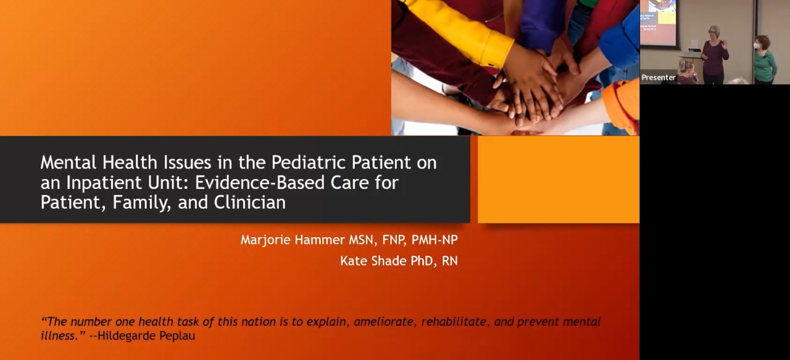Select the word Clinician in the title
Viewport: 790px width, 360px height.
click(250, 203)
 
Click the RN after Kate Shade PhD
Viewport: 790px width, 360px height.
click(450, 261)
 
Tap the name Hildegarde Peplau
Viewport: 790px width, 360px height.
click(146, 335)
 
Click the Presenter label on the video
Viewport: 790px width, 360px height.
click(659, 78)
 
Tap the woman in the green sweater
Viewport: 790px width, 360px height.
click(764, 60)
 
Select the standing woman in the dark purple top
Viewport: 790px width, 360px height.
click(714, 55)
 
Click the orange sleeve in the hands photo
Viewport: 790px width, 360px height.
click(622, 105)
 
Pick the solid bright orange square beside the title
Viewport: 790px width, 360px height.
click(559, 179)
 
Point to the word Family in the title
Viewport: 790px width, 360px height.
click(141, 203)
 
